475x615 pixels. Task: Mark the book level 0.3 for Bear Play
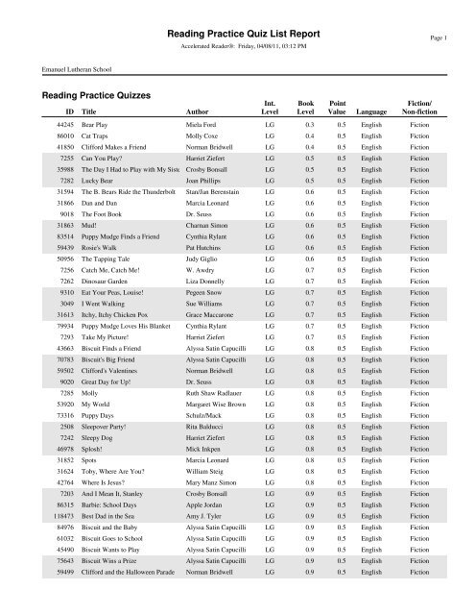click(x=310, y=153)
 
